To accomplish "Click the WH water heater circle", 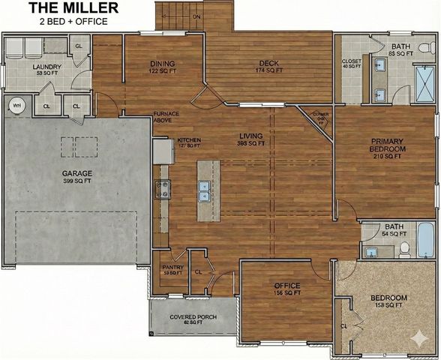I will (x=16, y=106).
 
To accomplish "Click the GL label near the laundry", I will (x=79, y=46).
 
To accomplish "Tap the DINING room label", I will (x=163, y=64).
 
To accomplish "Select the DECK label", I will (x=268, y=64).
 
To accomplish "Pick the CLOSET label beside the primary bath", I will (x=351, y=61).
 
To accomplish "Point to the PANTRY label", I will (x=172, y=267).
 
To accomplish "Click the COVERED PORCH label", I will (x=193, y=317).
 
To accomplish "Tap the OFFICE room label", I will (x=286, y=286).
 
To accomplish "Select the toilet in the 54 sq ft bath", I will (x=403, y=248).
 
